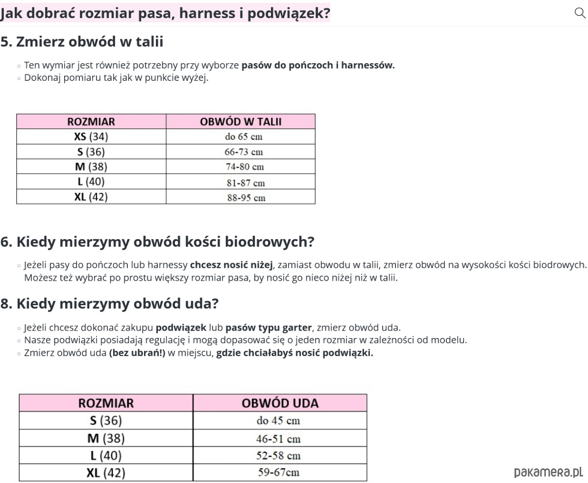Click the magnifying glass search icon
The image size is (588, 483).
[580, 13]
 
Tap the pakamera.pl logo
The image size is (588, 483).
[548, 472]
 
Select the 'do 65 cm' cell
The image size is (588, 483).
[244, 137]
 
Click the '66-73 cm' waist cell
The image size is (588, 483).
[244, 152]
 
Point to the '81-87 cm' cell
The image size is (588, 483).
[245, 183]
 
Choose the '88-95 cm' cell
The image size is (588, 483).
[246, 198]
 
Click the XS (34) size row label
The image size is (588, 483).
[91, 136]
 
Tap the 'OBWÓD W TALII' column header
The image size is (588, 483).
[241, 121]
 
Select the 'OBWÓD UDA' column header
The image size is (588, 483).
[280, 403]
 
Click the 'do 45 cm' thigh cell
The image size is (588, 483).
[278, 420]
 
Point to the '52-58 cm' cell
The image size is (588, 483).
[278, 456]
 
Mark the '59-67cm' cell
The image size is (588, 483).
[278, 473]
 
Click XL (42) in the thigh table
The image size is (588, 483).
[106, 473]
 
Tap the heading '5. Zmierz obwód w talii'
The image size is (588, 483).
[82, 42]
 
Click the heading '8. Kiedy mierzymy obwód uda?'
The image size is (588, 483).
[109, 304]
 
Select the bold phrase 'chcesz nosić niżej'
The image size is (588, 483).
[231, 265]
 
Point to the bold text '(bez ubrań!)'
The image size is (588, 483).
[137, 353]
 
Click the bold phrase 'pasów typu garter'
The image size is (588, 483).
[269, 327]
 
